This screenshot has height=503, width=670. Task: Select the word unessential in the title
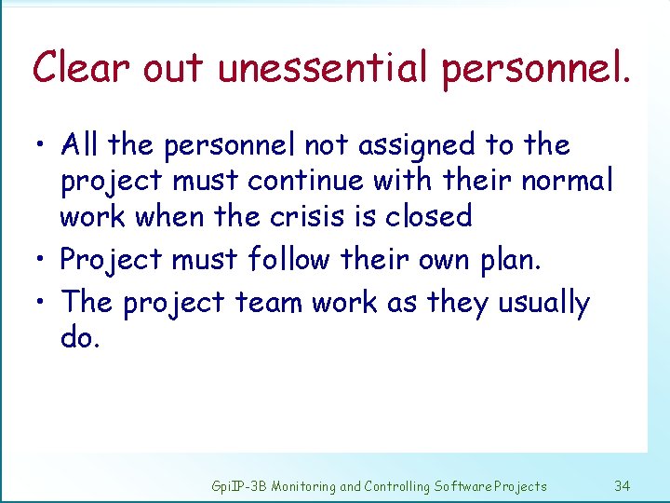[322, 68]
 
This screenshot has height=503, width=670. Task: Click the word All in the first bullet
[81, 145]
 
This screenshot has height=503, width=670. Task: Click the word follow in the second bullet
[289, 260]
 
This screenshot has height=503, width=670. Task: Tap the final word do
[78, 337]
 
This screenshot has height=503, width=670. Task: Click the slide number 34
[623, 486]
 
